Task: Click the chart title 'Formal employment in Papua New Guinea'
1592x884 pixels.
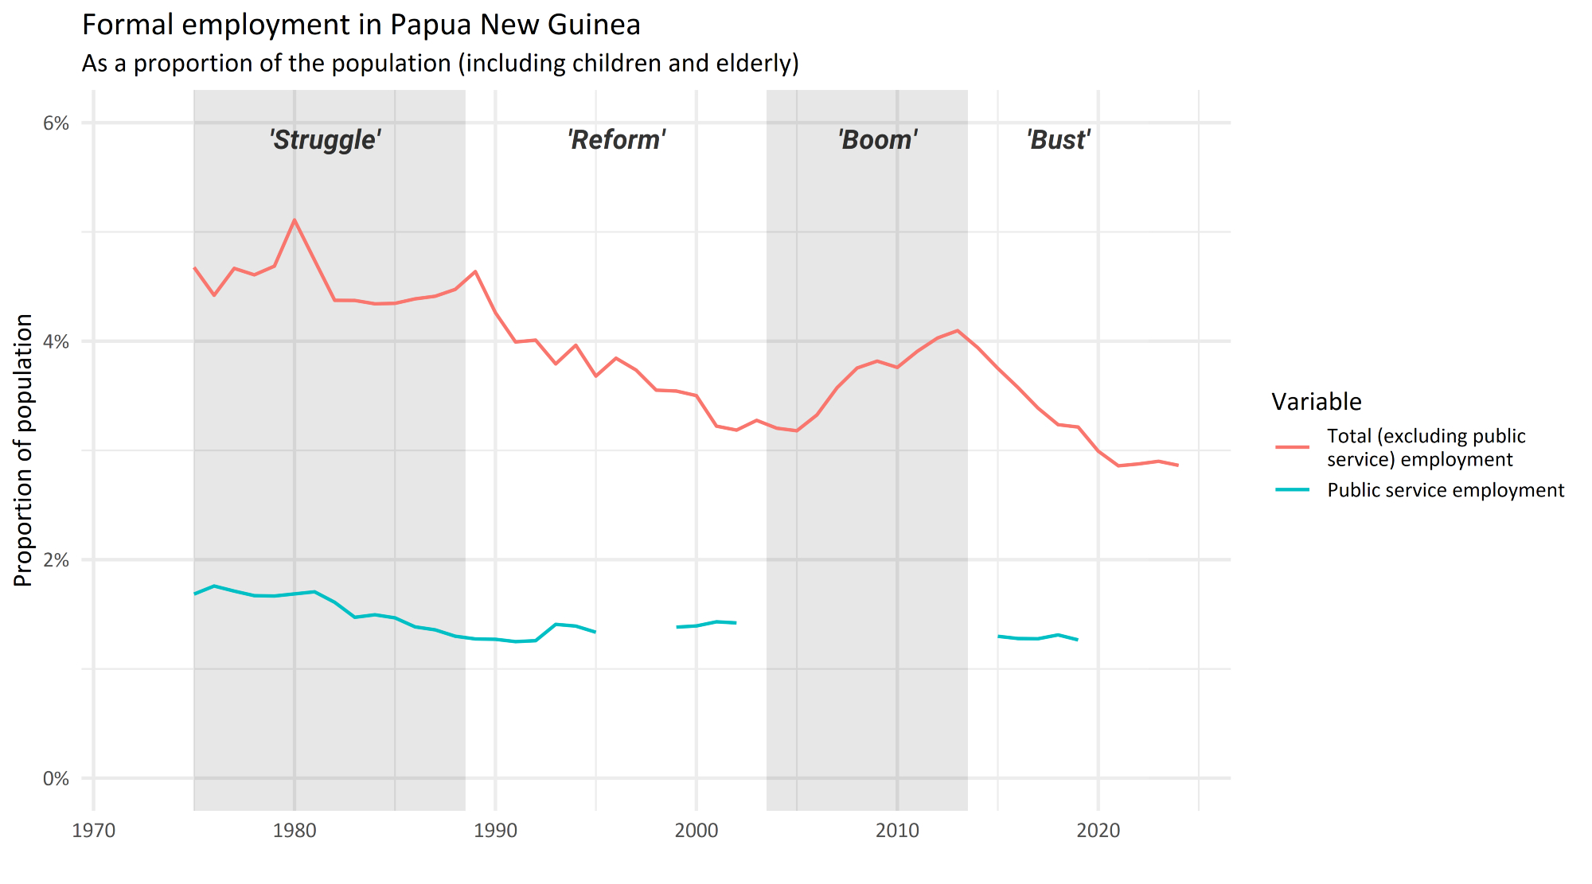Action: pyautogui.click(x=361, y=25)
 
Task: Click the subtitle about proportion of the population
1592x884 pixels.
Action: pyautogui.click(x=440, y=64)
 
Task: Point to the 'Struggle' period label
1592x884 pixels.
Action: pyautogui.click(x=325, y=140)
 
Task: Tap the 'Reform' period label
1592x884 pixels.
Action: pyautogui.click(x=616, y=140)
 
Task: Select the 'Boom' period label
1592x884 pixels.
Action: pyautogui.click(x=877, y=140)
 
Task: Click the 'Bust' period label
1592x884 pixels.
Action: pyautogui.click(x=1058, y=140)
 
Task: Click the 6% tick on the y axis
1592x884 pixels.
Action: pyautogui.click(x=56, y=123)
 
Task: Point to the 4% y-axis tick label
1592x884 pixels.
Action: pyautogui.click(x=56, y=342)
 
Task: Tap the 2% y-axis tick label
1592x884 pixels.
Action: pyautogui.click(x=56, y=560)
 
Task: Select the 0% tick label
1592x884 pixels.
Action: pyautogui.click(x=56, y=779)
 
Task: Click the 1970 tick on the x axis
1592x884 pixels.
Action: pyautogui.click(x=94, y=831)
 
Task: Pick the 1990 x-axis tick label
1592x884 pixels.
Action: pyautogui.click(x=495, y=831)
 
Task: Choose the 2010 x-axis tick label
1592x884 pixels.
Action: pyautogui.click(x=897, y=831)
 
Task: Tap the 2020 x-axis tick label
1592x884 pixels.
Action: pyautogui.click(x=1098, y=831)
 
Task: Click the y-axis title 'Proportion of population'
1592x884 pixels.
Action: pyautogui.click(x=24, y=450)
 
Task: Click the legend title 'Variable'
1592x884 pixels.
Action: pyautogui.click(x=1317, y=402)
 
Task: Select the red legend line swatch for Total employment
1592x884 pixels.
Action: pyautogui.click(x=1292, y=447)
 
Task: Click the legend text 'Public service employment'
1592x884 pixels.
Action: pyautogui.click(x=1446, y=490)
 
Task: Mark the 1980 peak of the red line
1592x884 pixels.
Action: pyautogui.click(x=295, y=220)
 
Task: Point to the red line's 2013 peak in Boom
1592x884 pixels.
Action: pyautogui.click(x=958, y=330)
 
